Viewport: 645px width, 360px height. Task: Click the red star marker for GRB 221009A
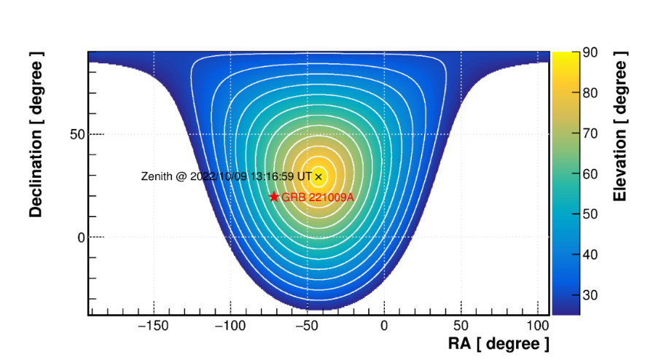pos(274,197)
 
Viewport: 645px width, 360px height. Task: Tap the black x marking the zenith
pos(318,176)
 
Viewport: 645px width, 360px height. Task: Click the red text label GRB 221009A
pos(317,197)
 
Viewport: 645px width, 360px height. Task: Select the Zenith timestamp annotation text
pos(227,176)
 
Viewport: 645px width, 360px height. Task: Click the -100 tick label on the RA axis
pos(229,326)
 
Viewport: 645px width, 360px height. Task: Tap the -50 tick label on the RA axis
pos(306,326)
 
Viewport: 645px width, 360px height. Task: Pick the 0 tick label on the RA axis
pos(384,326)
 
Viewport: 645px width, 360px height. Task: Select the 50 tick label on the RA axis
pos(461,326)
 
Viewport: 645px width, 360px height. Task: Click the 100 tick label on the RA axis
pos(538,326)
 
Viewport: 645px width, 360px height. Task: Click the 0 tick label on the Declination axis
pos(82,237)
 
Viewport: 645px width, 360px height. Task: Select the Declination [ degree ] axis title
pos(36,138)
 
